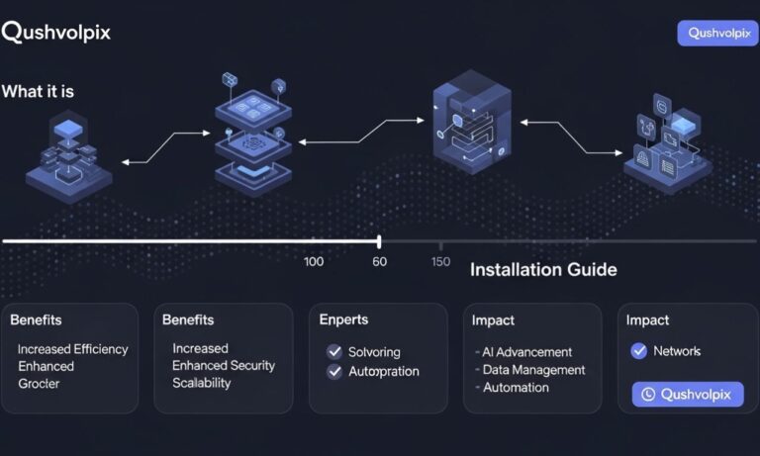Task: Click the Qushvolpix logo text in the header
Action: coord(55,32)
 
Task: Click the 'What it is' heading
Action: coord(38,91)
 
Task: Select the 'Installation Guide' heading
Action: coord(543,269)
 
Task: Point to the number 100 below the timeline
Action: coord(314,261)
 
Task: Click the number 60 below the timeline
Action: coord(379,261)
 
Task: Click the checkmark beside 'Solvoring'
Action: coord(334,352)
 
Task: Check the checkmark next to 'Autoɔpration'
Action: coord(334,372)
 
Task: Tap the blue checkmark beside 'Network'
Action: coord(638,351)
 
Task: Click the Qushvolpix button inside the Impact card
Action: coord(687,395)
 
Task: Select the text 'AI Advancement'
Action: coord(526,352)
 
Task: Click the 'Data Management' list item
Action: coord(533,370)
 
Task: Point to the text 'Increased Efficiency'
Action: coord(72,349)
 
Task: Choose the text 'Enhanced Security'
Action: coord(224,366)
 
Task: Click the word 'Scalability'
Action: coord(202,383)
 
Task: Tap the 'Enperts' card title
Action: coord(343,319)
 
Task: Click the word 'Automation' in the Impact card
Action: coord(516,388)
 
